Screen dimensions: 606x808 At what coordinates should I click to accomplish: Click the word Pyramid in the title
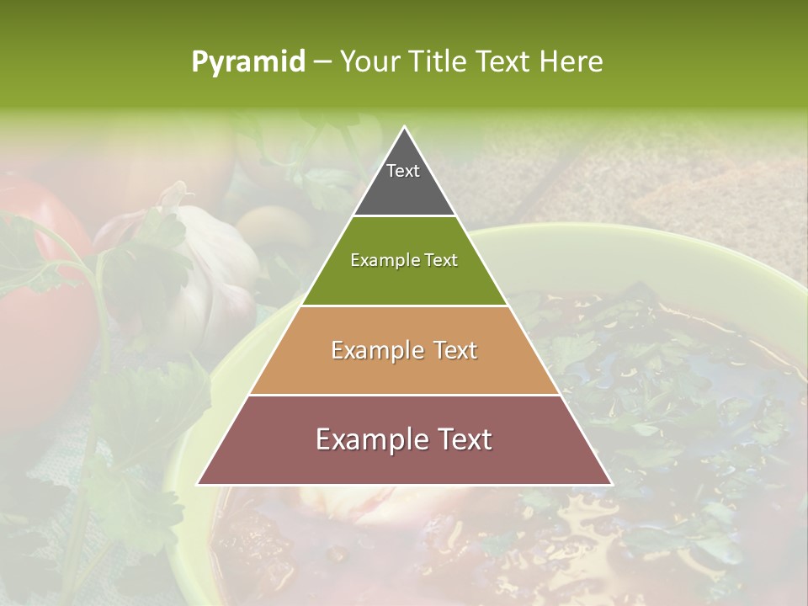tap(247, 62)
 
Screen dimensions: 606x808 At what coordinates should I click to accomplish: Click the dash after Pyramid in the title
tap(322, 62)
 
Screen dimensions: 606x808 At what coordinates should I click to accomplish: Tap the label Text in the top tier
tap(403, 171)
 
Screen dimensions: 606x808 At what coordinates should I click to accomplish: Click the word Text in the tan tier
tap(451, 350)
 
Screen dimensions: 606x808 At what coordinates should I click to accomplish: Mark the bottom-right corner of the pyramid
tap(611, 484)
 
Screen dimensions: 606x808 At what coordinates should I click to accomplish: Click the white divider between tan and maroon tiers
tap(404, 395)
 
